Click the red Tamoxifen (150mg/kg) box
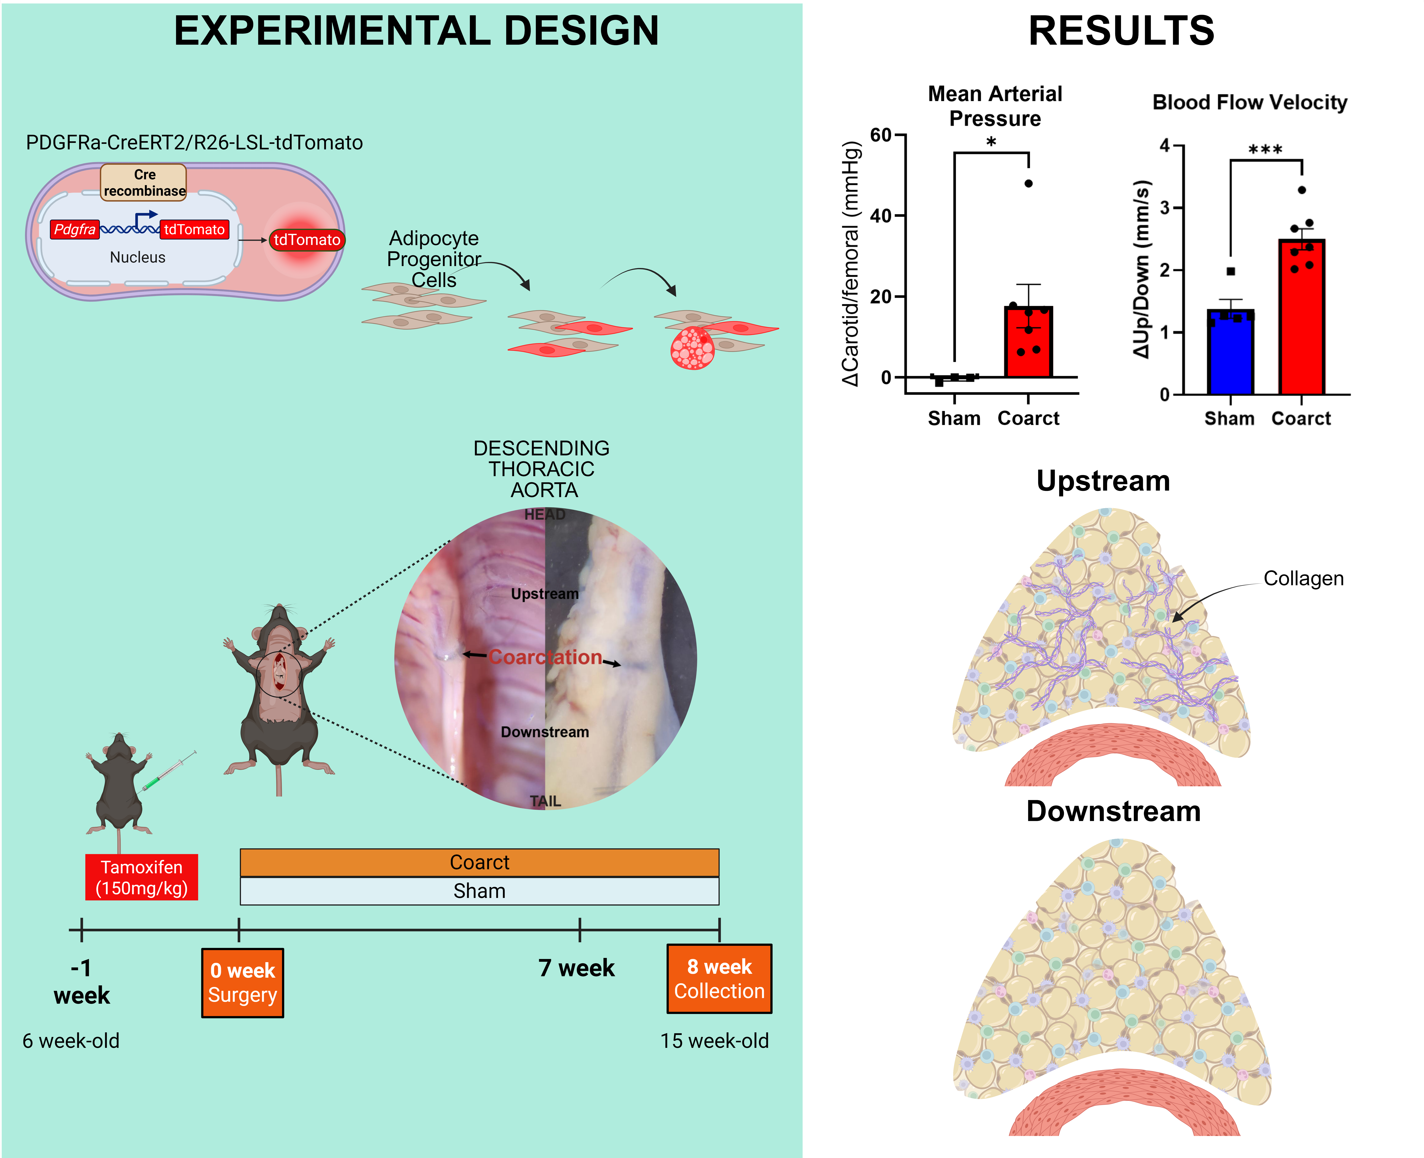[x=141, y=877]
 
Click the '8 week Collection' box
[x=719, y=979]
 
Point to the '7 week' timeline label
[x=576, y=968]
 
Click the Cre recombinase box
[x=143, y=182]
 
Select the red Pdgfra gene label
[x=75, y=229]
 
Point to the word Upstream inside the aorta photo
[x=544, y=594]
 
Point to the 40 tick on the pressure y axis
[x=880, y=215]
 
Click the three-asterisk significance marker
[x=1265, y=149]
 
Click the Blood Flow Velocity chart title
[x=1249, y=102]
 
